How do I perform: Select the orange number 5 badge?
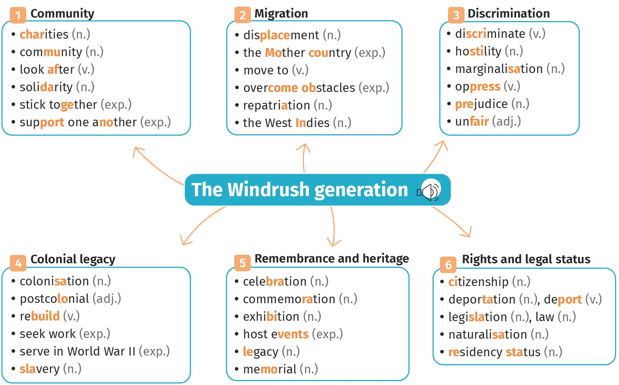tap(243, 263)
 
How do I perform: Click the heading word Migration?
tap(281, 14)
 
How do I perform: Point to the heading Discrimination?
tap(509, 14)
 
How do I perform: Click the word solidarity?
tap(46, 87)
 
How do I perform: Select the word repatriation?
tap(277, 105)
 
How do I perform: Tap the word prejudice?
tap(481, 104)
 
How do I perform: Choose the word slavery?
tap(40, 369)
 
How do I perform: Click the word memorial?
tap(270, 369)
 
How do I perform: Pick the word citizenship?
tap(478, 282)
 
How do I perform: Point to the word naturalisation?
tap(488, 334)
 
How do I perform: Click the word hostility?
tap(478, 51)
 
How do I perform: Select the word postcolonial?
tap(54, 299)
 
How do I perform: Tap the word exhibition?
tap(271, 317)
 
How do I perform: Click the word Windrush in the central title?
tap(269, 190)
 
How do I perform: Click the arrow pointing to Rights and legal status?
tap(453, 221)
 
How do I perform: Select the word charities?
tap(44, 34)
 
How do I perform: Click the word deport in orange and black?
tap(563, 300)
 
